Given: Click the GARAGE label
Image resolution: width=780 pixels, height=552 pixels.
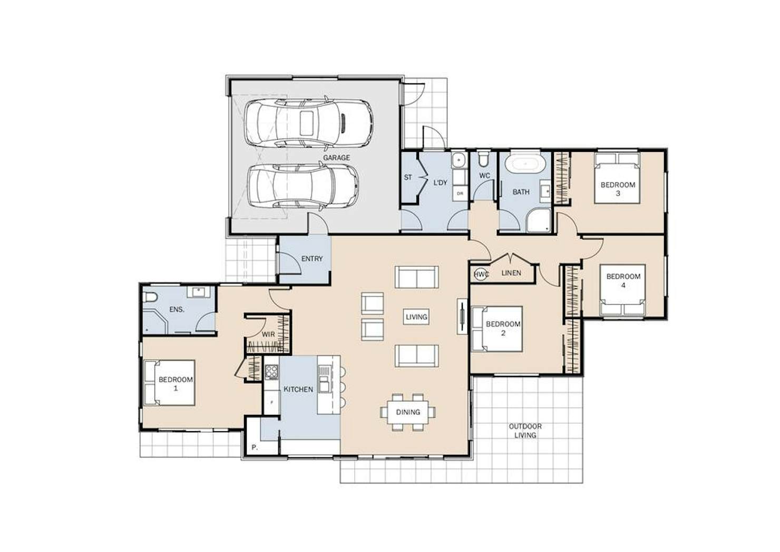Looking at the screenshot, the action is (336, 158).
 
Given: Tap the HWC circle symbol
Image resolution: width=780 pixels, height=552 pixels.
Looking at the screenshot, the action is (481, 275).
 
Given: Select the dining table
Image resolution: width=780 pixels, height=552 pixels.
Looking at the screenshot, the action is (408, 412).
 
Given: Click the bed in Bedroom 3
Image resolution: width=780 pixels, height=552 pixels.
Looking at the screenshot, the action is (617, 178).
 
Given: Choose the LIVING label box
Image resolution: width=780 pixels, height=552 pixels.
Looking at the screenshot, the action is (416, 317).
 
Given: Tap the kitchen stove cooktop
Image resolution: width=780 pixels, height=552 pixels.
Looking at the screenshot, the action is (271, 372).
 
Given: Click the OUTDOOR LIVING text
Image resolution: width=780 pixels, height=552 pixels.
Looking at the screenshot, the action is (525, 431).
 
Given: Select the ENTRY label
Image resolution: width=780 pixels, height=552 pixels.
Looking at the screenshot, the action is (312, 259).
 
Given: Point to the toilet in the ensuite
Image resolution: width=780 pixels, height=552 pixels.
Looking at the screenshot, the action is (150, 297).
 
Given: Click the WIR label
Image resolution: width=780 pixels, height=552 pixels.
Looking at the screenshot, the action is (268, 334).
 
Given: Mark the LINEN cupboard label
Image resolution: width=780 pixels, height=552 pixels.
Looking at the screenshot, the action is (511, 273).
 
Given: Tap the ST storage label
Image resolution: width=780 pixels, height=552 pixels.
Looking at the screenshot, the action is (408, 177).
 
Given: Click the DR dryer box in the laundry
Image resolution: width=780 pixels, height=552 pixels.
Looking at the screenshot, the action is (460, 193).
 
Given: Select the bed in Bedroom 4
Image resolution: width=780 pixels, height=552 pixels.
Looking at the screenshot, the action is (622, 290).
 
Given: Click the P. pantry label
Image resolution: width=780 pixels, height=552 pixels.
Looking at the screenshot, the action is (255, 448).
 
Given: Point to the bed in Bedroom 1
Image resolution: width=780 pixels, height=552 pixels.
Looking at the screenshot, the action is (169, 383).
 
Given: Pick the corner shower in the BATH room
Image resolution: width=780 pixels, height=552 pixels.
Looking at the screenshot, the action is (538, 220).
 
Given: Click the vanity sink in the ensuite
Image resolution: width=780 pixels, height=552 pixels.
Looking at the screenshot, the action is (199, 292).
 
